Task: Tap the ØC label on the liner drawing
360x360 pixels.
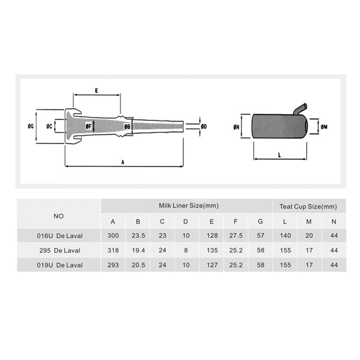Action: pos(50,126)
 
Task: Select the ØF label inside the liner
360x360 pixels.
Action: pos(88,126)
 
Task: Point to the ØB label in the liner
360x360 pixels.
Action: pos(127,127)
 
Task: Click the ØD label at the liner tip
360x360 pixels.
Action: pos(204,127)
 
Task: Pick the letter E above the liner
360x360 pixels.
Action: pos(96,91)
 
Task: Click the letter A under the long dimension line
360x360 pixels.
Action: pos(122,162)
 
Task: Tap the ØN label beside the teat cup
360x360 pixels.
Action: pos(236,127)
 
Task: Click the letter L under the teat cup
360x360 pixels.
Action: pos(280,155)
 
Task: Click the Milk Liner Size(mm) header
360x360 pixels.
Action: pos(188,206)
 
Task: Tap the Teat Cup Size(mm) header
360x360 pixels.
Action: pos(308,206)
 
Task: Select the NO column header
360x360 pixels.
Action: pos(59,216)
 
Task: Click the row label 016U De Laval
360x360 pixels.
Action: pos(60,236)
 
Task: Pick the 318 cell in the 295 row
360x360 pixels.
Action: pos(113,250)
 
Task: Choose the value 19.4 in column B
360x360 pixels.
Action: pos(138,250)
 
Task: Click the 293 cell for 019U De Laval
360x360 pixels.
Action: pos(113,265)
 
